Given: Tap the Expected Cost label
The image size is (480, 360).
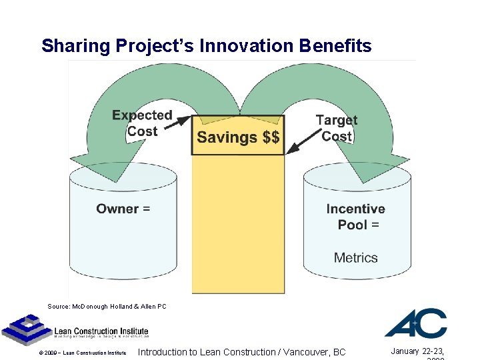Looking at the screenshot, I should tap(142, 123).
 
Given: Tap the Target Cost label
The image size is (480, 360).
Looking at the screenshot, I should tap(336, 128).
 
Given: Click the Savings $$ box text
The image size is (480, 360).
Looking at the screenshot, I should tap(238, 137).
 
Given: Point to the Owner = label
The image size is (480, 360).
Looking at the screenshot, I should tap(123, 209).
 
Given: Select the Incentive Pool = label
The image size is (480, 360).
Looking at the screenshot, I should tap(356, 217).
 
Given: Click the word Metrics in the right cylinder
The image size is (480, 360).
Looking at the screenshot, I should tap(355, 258).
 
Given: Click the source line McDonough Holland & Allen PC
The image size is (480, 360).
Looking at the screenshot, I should tap(107, 307).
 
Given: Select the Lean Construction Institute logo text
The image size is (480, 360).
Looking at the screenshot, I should tap(101, 331).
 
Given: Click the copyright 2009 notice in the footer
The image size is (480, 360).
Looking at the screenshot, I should tap(82, 353).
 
